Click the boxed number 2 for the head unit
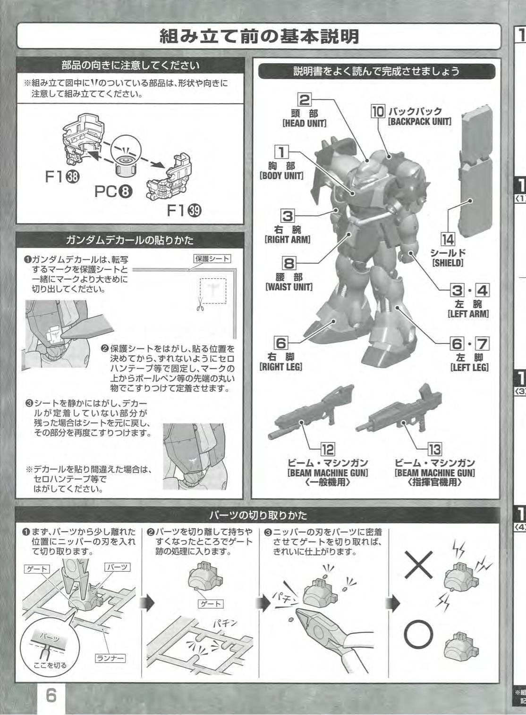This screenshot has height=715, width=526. [304, 100]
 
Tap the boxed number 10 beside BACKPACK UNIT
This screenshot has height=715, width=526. [378, 111]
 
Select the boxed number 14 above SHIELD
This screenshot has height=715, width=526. [448, 240]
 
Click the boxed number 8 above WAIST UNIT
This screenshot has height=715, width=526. [289, 263]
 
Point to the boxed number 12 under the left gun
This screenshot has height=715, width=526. [328, 450]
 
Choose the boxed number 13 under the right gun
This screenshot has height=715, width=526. [435, 450]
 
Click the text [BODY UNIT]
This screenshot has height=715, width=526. [281, 176]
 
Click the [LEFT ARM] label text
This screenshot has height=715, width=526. [468, 314]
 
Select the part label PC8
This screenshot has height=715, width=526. [113, 191]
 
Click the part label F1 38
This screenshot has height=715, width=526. [62, 177]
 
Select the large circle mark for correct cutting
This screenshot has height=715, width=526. [419, 635]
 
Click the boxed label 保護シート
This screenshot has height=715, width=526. [212, 258]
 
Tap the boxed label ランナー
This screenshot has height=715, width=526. [110, 658]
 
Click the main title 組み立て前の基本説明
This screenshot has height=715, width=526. [259, 36]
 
